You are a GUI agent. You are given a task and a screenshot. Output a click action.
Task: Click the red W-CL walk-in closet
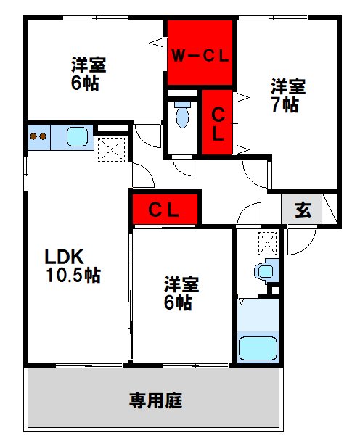pos(200,54)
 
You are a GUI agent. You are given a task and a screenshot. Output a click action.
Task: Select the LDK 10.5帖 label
pos(72,266)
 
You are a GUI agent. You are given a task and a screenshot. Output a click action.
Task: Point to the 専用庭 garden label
pos(155,400)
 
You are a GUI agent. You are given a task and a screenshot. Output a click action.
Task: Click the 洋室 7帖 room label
pos(288,94)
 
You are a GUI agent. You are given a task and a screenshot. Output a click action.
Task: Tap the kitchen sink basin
pos(76,136)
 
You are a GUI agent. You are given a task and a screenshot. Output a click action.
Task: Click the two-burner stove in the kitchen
pos(38,136)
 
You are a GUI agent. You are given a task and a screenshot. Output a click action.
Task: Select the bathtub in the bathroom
pos(258,347)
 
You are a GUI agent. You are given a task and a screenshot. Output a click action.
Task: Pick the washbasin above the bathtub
pos(266,272)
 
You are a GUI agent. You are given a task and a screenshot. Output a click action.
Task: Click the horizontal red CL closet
pos(164,211)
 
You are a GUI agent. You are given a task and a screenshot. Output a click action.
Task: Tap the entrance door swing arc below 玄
pos(298,243)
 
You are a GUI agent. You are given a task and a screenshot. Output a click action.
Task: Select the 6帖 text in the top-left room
pos(84,83)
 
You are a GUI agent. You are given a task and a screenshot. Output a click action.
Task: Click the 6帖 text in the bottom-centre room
pos(177,304)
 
